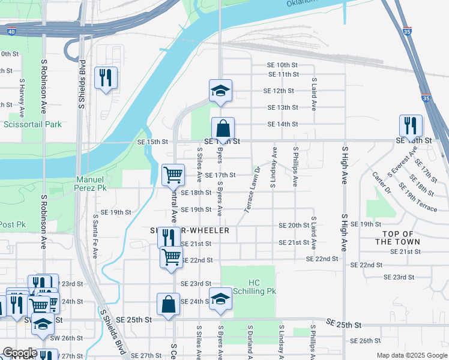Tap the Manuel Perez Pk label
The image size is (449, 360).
coord(91,184)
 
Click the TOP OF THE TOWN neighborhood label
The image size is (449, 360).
coord(397,238)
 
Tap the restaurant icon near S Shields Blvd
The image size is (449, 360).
coord(106,79)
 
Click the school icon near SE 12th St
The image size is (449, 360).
coord(220,91)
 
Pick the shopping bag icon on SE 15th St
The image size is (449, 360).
coord(223,128)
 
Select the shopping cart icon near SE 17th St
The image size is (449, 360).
coord(173,175)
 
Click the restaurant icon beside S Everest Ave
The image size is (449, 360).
coord(411,125)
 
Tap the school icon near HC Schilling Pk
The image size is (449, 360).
coord(220,299)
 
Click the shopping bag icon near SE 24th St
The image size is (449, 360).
coord(168,304)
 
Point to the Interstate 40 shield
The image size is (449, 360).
coord(11,32)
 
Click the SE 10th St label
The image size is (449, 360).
coord(283,65)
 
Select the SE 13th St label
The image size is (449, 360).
coord(283,107)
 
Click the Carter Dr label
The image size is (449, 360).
coord(381,182)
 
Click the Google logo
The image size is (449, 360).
coord(20,353)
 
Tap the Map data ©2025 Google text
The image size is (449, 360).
coord(411,355)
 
